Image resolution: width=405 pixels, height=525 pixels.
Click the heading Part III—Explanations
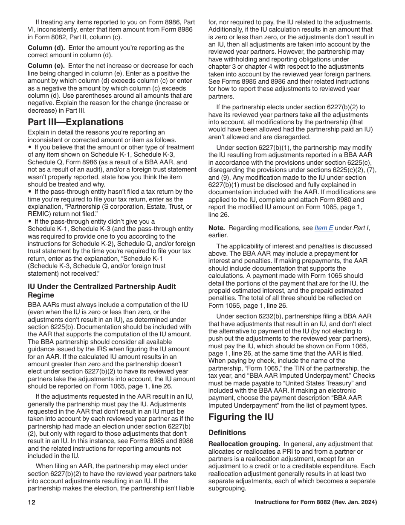point(75,122)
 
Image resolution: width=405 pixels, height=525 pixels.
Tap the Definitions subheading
point(227,432)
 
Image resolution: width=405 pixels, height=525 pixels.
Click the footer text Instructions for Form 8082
point(315,502)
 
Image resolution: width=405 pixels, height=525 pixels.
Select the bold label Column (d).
point(46,48)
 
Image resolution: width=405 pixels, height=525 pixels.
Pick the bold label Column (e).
point(46,66)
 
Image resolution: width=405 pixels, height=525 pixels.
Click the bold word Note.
point(217,228)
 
